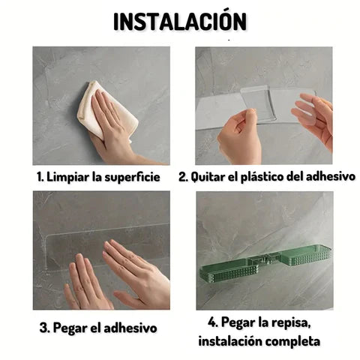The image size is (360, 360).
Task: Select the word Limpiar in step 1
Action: tap(70, 177)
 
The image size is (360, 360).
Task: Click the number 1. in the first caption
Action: tap(41, 177)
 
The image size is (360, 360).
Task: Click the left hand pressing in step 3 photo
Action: tap(86, 281)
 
